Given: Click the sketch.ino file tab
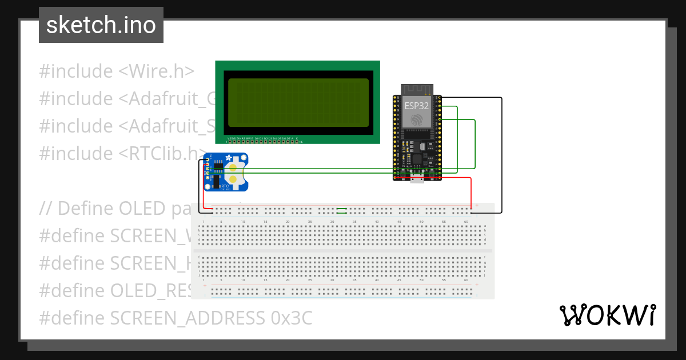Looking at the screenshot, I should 101,25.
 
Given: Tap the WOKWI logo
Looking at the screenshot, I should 607,315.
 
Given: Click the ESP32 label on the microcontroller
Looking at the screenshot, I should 417,105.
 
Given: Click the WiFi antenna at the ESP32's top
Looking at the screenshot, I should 417,89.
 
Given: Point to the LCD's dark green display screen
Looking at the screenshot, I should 298,103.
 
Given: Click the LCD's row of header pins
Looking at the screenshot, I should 264,141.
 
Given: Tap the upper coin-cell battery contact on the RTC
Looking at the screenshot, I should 233,167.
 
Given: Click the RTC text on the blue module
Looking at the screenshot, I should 225,186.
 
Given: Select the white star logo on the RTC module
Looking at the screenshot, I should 229,158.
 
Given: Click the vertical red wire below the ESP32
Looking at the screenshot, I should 471,193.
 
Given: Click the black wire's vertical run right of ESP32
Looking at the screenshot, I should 501,154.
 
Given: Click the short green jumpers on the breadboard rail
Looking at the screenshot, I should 342,211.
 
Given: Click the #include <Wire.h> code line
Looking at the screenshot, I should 117,71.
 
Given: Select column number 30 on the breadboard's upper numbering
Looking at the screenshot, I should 332,221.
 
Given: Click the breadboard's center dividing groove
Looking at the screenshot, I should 343,250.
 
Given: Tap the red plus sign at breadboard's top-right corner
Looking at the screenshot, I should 477,206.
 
